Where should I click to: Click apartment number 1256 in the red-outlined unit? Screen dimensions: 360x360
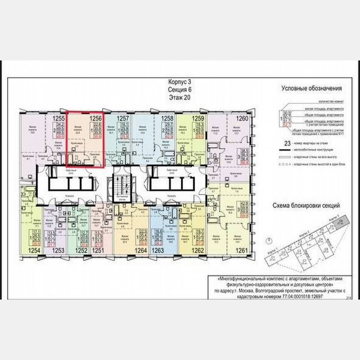pyautogui.click(x=96, y=118)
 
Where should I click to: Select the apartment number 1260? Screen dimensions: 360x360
pyautogui.click(x=242, y=118)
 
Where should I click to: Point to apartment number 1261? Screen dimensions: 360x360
pyautogui.click(x=242, y=250)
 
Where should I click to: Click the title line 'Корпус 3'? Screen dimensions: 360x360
pyautogui.click(x=180, y=83)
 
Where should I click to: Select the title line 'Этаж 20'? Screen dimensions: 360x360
pyautogui.click(x=180, y=97)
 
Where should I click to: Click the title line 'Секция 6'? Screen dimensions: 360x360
pyautogui.click(x=180, y=90)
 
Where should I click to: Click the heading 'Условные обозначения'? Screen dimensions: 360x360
pyautogui.click(x=311, y=88)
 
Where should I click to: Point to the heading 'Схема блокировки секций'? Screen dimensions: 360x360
pyautogui.click(x=306, y=205)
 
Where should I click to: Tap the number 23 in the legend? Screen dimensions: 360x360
pyautogui.click(x=287, y=142)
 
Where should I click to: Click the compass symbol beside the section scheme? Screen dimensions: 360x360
pyautogui.click(x=269, y=240)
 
